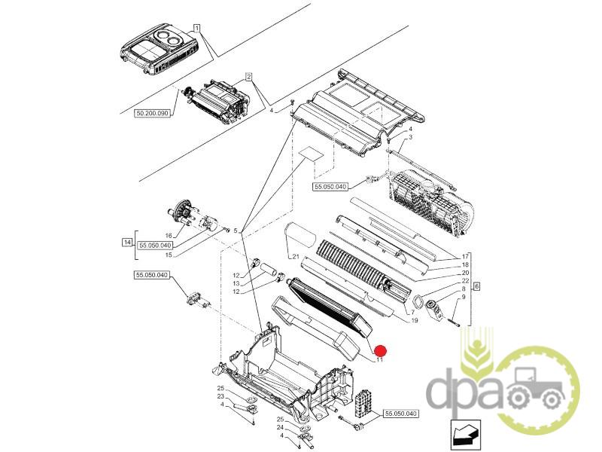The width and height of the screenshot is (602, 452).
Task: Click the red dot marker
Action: tap(381, 350)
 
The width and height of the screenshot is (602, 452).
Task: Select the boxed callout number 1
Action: tap(196, 28)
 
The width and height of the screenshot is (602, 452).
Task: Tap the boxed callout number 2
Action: tap(249, 78)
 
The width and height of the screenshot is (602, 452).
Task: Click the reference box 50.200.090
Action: tap(153, 114)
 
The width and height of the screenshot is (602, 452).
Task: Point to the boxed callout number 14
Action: tap(126, 242)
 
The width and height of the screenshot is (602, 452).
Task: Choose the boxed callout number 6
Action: tap(476, 286)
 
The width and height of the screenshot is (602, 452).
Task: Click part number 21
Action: tap(296, 257)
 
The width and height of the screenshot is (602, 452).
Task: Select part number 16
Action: tap(168, 236)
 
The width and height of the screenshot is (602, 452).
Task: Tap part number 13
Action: tap(236, 284)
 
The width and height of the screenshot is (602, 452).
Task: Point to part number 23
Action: tap(220, 396)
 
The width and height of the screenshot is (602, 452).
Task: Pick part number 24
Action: tap(280, 427)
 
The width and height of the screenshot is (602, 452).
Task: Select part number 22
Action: tap(465, 280)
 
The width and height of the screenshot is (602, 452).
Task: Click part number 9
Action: tap(464, 297)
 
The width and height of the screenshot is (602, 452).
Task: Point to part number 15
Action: tap(169, 255)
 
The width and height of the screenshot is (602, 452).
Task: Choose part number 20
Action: tap(465, 273)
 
